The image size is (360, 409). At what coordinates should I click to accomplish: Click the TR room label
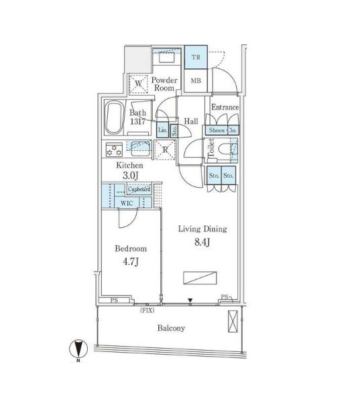click(196, 57)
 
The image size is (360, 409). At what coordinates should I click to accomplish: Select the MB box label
click(196, 81)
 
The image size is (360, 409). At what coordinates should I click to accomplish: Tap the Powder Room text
click(164, 84)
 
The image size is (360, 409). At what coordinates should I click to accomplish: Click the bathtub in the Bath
click(114, 117)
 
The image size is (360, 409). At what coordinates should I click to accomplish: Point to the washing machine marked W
click(139, 84)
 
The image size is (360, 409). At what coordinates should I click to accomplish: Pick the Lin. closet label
click(163, 130)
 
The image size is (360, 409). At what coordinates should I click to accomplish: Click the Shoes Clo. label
click(223, 130)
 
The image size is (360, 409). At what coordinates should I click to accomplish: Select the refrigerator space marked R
click(165, 150)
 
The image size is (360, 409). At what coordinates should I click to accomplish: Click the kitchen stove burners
click(114, 150)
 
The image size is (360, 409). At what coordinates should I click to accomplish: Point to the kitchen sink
click(140, 148)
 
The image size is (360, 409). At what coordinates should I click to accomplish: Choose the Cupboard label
click(139, 189)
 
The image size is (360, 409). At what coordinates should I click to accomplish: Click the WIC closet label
click(127, 203)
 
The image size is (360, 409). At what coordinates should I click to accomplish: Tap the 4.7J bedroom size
click(131, 261)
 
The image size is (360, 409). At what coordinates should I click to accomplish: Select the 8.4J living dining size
click(202, 242)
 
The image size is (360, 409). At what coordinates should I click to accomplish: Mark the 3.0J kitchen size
click(130, 175)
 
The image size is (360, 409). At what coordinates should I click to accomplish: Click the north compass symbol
click(78, 349)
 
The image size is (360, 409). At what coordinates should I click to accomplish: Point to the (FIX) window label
click(147, 310)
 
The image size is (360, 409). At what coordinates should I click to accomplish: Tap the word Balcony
click(171, 328)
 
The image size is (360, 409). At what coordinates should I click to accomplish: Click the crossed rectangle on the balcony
click(233, 321)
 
